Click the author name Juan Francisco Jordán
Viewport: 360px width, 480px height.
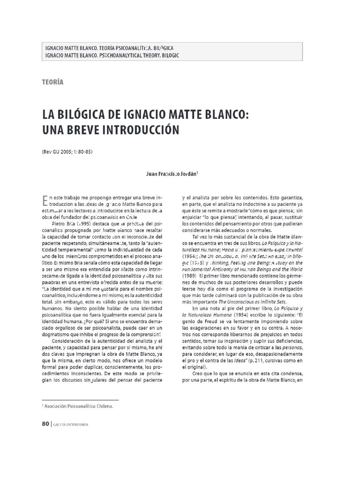(x=172, y=173)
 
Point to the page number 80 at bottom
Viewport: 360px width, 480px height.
(x=45, y=424)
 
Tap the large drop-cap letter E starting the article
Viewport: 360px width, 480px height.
(x=45, y=201)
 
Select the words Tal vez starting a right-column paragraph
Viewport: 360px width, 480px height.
(x=200, y=237)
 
